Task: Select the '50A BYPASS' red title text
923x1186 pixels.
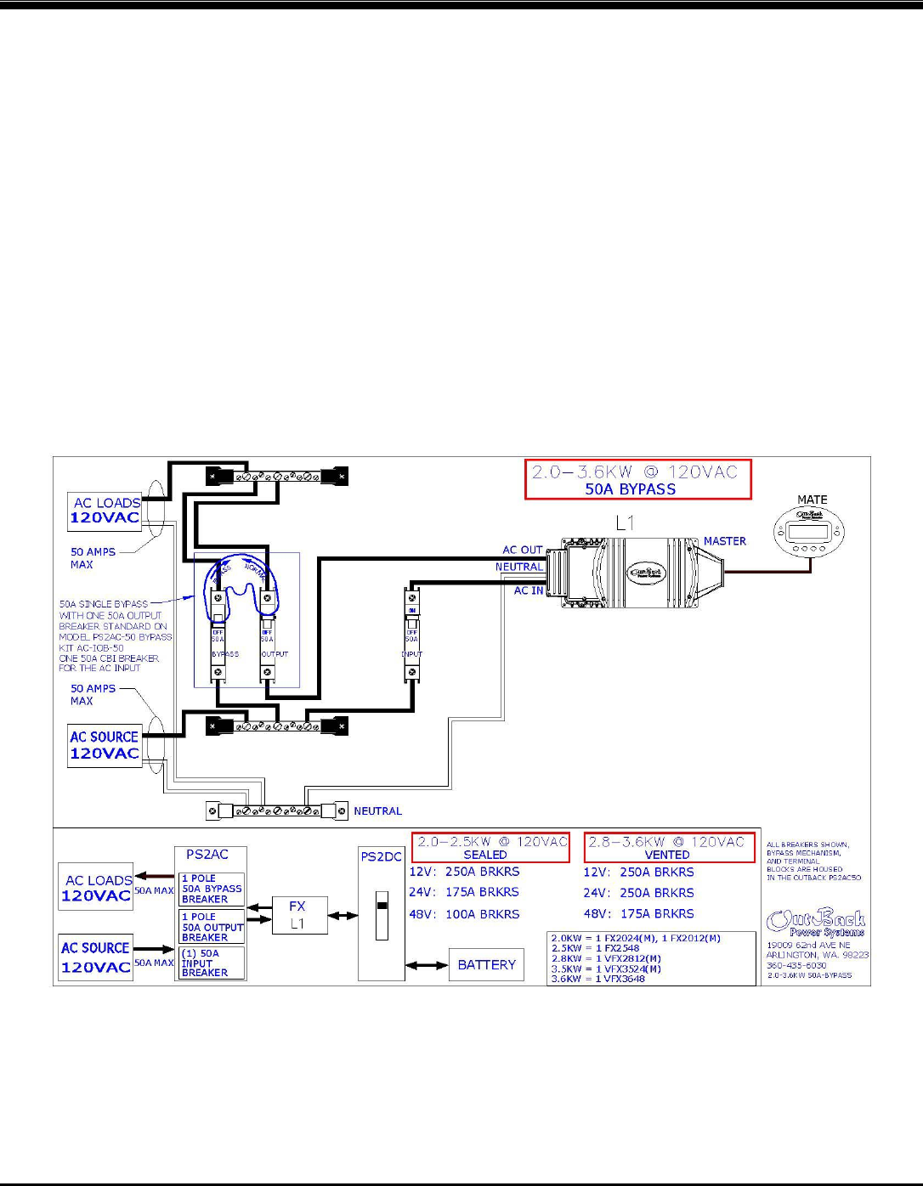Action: pos(630,489)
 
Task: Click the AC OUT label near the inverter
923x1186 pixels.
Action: pos(522,550)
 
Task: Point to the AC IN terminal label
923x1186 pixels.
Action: pos(528,590)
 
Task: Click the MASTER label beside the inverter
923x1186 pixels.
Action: pos(724,541)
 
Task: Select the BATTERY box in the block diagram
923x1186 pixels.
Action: pos(486,964)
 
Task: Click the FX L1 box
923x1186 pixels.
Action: pos(297,915)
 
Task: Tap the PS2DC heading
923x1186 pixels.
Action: pos(381,856)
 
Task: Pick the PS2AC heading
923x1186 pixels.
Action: pos(207,855)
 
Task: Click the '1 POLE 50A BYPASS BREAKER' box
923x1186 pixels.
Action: pos(212,889)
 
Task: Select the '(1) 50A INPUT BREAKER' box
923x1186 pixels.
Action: pos(212,963)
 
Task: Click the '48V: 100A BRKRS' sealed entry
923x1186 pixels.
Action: pos(464,914)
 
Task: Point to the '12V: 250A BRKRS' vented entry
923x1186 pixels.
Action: pos(638,872)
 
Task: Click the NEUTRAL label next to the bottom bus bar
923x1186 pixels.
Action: pos(377,811)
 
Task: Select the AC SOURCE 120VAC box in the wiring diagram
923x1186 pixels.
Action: pos(104,745)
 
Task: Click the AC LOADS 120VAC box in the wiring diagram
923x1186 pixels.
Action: pos(105,511)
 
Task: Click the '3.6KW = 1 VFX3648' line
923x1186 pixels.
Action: pos(597,979)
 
